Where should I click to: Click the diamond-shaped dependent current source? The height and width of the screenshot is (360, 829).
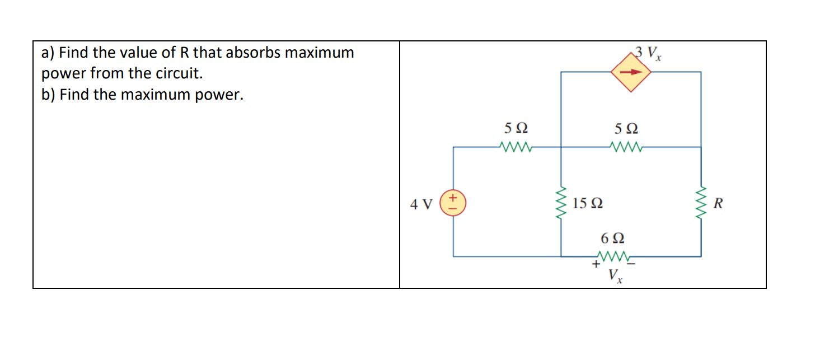pyautogui.click(x=630, y=72)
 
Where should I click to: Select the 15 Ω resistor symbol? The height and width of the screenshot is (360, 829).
pyautogui.click(x=561, y=203)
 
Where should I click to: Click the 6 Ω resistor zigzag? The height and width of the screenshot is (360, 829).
pyautogui.click(x=614, y=257)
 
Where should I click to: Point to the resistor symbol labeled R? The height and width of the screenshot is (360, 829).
pyautogui.click(x=701, y=203)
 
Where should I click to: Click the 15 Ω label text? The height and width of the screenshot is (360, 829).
pyautogui.click(x=587, y=203)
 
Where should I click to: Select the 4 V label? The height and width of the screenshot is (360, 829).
pyautogui.click(x=421, y=204)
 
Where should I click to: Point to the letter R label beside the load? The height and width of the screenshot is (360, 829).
pyautogui.click(x=719, y=203)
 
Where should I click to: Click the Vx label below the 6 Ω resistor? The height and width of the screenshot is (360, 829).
pyautogui.click(x=615, y=276)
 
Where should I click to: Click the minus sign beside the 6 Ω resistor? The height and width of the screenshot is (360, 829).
pyautogui.click(x=636, y=263)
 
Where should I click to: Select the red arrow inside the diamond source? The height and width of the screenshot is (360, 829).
pyautogui.click(x=630, y=72)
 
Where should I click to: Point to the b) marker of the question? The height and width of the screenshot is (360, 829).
pyautogui.click(x=48, y=95)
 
